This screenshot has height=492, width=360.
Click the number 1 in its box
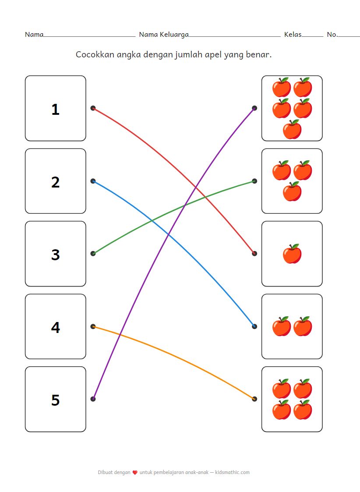[x=55, y=109]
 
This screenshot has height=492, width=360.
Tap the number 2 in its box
[x=55, y=182]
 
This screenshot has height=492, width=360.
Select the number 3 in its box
[x=55, y=255]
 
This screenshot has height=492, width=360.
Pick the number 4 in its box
[x=55, y=327]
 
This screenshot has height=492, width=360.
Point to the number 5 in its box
[x=55, y=400]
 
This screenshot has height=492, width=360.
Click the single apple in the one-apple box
[x=292, y=254]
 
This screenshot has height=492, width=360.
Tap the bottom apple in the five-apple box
[x=292, y=130]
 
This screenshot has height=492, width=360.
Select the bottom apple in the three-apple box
[x=292, y=191]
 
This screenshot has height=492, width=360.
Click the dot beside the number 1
[x=93, y=108]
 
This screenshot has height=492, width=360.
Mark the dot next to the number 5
[x=93, y=399]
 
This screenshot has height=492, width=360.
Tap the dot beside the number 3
[x=93, y=253]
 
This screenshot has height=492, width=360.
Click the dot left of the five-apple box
[x=254, y=108]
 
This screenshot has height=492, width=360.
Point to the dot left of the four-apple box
[x=254, y=399]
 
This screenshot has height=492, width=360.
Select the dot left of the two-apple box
[x=254, y=326]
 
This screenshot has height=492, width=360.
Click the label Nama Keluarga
[x=164, y=34]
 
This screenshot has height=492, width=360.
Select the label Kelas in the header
[x=293, y=34]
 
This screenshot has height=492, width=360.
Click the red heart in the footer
[x=135, y=473]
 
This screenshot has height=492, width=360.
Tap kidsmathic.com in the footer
[x=233, y=472]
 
